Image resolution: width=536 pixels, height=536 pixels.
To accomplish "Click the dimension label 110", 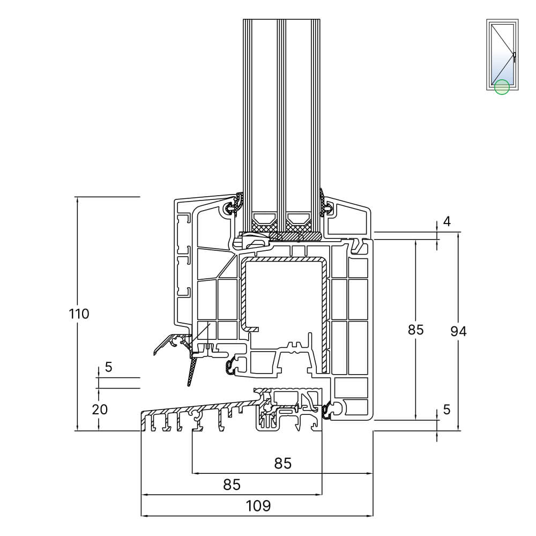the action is (x=79, y=314).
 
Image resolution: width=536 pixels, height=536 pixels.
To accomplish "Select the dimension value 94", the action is (x=458, y=331).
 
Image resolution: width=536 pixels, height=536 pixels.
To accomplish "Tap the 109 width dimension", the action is (x=258, y=506).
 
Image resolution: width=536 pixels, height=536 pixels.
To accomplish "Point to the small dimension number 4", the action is (x=447, y=221).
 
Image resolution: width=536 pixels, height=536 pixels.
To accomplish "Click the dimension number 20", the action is (x=100, y=409).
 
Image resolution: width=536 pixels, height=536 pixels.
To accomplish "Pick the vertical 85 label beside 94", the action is (x=416, y=330).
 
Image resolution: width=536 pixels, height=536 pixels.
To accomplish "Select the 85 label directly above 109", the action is (x=232, y=485).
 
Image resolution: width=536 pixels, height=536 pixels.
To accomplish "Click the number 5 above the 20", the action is (x=108, y=367).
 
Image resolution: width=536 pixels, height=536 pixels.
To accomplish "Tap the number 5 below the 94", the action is (x=447, y=409).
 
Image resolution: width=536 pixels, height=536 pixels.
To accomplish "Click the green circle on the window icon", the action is (x=502, y=87).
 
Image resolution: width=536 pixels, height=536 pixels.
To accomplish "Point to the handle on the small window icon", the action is (x=514, y=55).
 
